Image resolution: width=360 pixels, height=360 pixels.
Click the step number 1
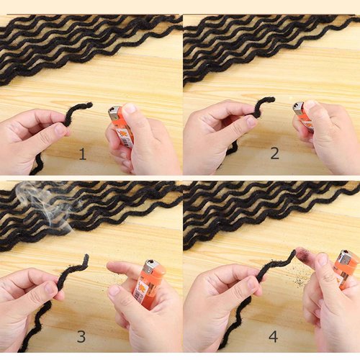pos(82,153)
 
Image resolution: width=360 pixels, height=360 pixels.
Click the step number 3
pos(81,336)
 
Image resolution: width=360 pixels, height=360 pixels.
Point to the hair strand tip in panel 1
pos(89,105)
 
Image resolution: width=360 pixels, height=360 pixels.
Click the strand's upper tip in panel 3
pos(86,256)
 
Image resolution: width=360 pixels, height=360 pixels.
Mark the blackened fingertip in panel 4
pos(302,256)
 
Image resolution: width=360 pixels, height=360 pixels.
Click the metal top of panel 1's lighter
pos(114,112)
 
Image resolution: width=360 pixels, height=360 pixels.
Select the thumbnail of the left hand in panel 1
pos(60,130)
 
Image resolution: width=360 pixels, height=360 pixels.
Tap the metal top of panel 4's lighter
pos(347,256)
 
